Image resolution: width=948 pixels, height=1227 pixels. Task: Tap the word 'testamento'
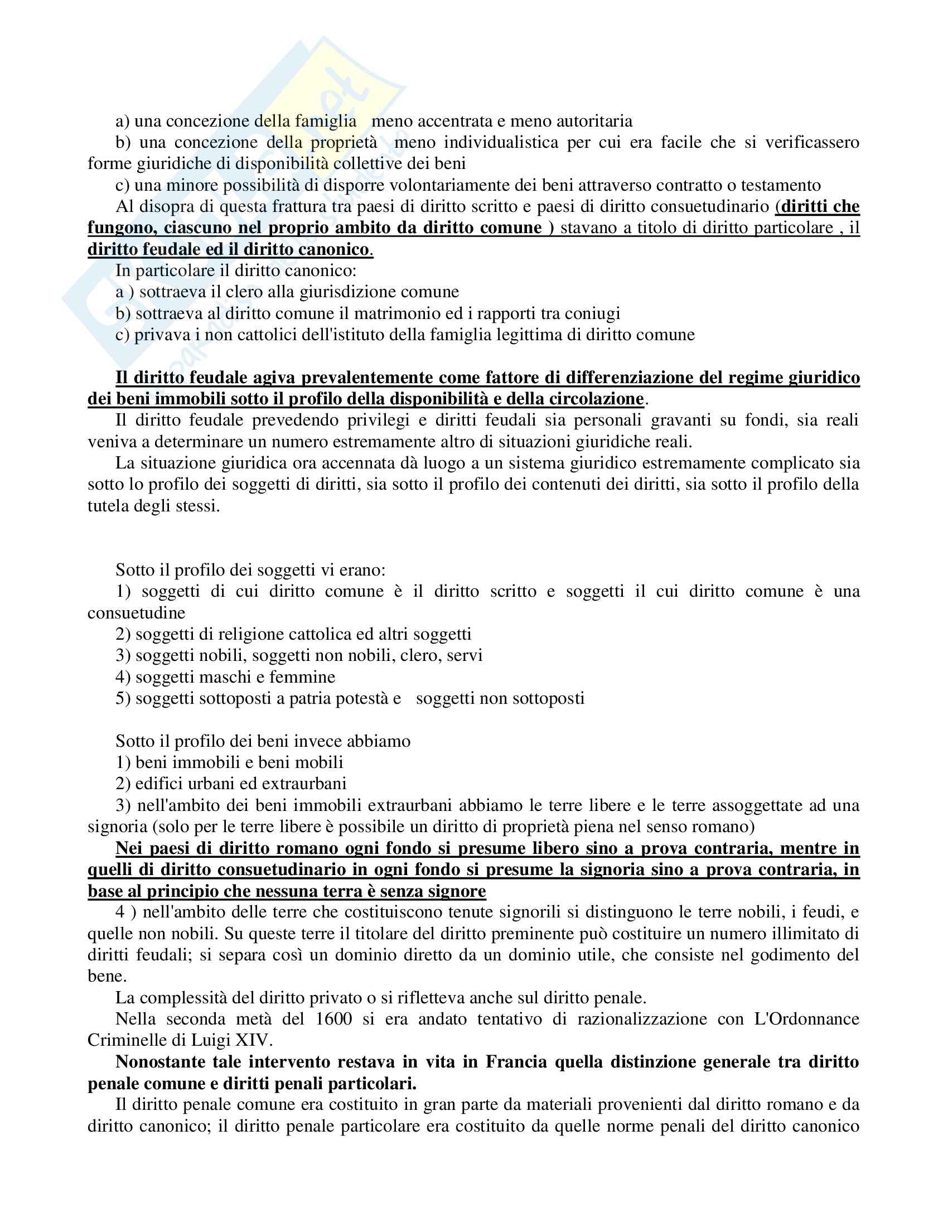781,185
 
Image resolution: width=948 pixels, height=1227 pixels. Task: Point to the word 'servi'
465,655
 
